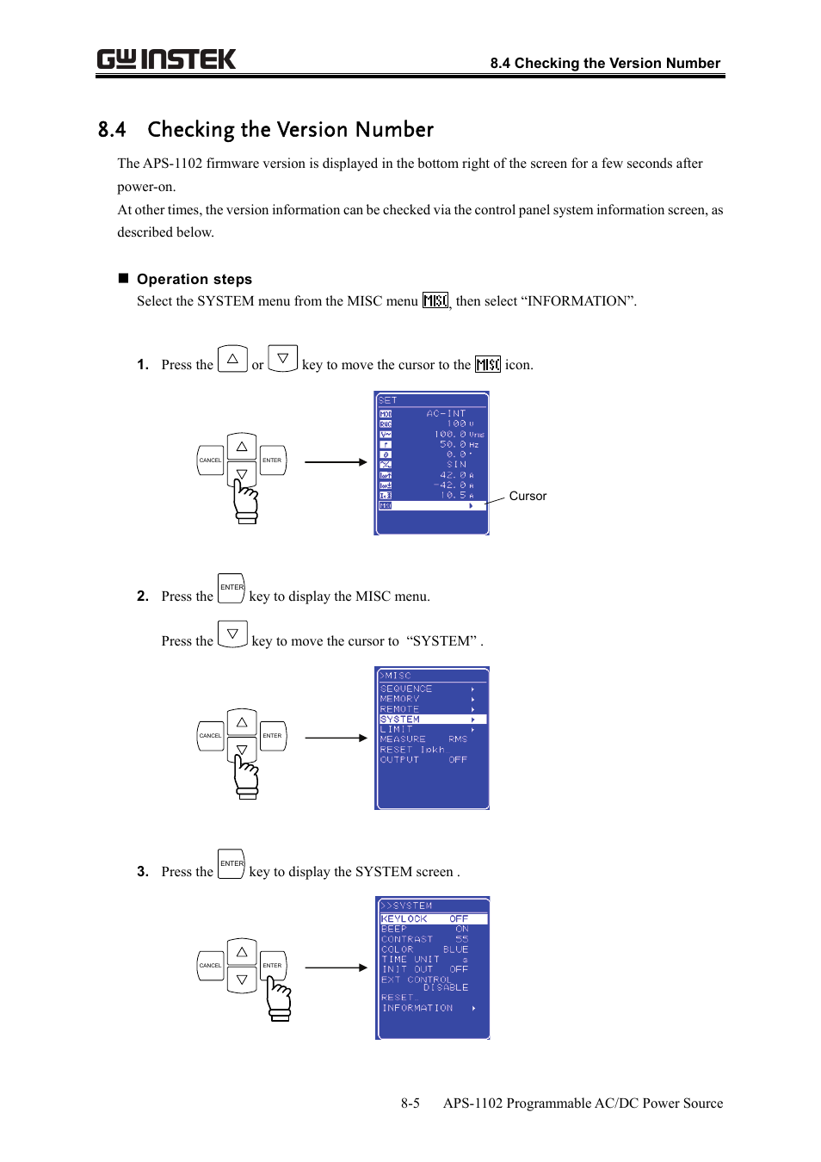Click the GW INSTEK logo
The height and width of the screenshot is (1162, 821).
[166, 59]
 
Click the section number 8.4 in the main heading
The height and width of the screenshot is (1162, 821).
[112, 130]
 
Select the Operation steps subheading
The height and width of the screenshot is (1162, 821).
[194, 279]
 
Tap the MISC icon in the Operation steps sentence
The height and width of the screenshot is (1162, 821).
[435, 300]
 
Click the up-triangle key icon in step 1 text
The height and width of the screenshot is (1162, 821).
[232, 358]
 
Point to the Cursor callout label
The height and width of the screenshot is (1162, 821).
[528, 496]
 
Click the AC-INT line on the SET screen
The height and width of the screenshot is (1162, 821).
[445, 413]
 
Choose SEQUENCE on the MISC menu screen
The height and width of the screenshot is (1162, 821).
[406, 689]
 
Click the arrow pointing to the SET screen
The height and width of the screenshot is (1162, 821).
[336, 462]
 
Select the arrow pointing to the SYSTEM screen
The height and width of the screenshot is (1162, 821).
[336, 967]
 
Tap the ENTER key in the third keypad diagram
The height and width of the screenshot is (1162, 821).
[272, 965]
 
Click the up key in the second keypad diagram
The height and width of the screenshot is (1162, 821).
[242, 722]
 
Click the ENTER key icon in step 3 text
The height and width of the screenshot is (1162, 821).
[231, 863]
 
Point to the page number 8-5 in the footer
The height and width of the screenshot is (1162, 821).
[410, 1103]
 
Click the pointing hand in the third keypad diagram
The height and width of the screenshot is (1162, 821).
[279, 998]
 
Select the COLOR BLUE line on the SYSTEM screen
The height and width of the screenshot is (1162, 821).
[424, 949]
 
